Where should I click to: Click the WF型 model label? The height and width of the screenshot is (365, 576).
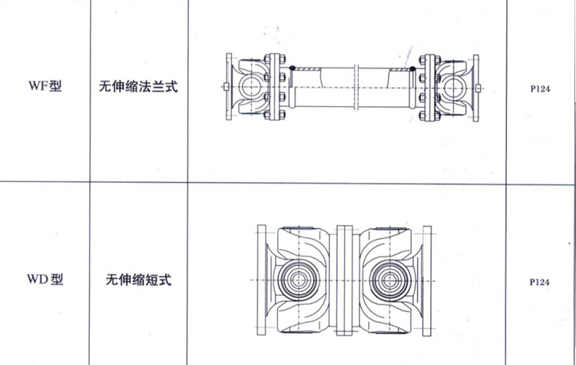[x=45, y=86]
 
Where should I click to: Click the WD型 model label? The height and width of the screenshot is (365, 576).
[x=45, y=279]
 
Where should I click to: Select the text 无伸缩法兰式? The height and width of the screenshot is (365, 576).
[x=138, y=86]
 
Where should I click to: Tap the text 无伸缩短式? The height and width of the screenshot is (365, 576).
[x=138, y=280]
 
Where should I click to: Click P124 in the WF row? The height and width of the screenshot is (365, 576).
[x=540, y=88]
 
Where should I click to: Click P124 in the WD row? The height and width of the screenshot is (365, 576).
[x=539, y=282]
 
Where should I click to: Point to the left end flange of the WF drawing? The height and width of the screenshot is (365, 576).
[x=229, y=87]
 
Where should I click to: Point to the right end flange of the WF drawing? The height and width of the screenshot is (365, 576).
[x=475, y=88]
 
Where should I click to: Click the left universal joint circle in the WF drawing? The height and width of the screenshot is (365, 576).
[x=250, y=87]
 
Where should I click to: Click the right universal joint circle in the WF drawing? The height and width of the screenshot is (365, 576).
[x=455, y=88]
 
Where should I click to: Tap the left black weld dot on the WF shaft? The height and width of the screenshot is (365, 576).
[x=293, y=68]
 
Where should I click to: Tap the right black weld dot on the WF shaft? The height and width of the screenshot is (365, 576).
[x=412, y=68]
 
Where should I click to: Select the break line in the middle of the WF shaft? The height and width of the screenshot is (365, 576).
[x=356, y=87]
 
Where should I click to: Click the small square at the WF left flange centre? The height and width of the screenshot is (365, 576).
[x=226, y=87]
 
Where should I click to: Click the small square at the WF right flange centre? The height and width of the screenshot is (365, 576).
[x=478, y=88]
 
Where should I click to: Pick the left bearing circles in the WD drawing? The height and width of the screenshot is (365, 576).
[x=298, y=280]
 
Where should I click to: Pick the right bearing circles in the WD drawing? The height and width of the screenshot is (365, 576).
[x=389, y=280]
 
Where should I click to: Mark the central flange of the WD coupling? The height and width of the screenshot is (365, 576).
[x=345, y=280]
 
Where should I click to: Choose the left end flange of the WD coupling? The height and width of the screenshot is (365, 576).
[x=262, y=280]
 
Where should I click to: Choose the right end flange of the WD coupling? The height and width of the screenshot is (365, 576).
[x=427, y=280]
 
